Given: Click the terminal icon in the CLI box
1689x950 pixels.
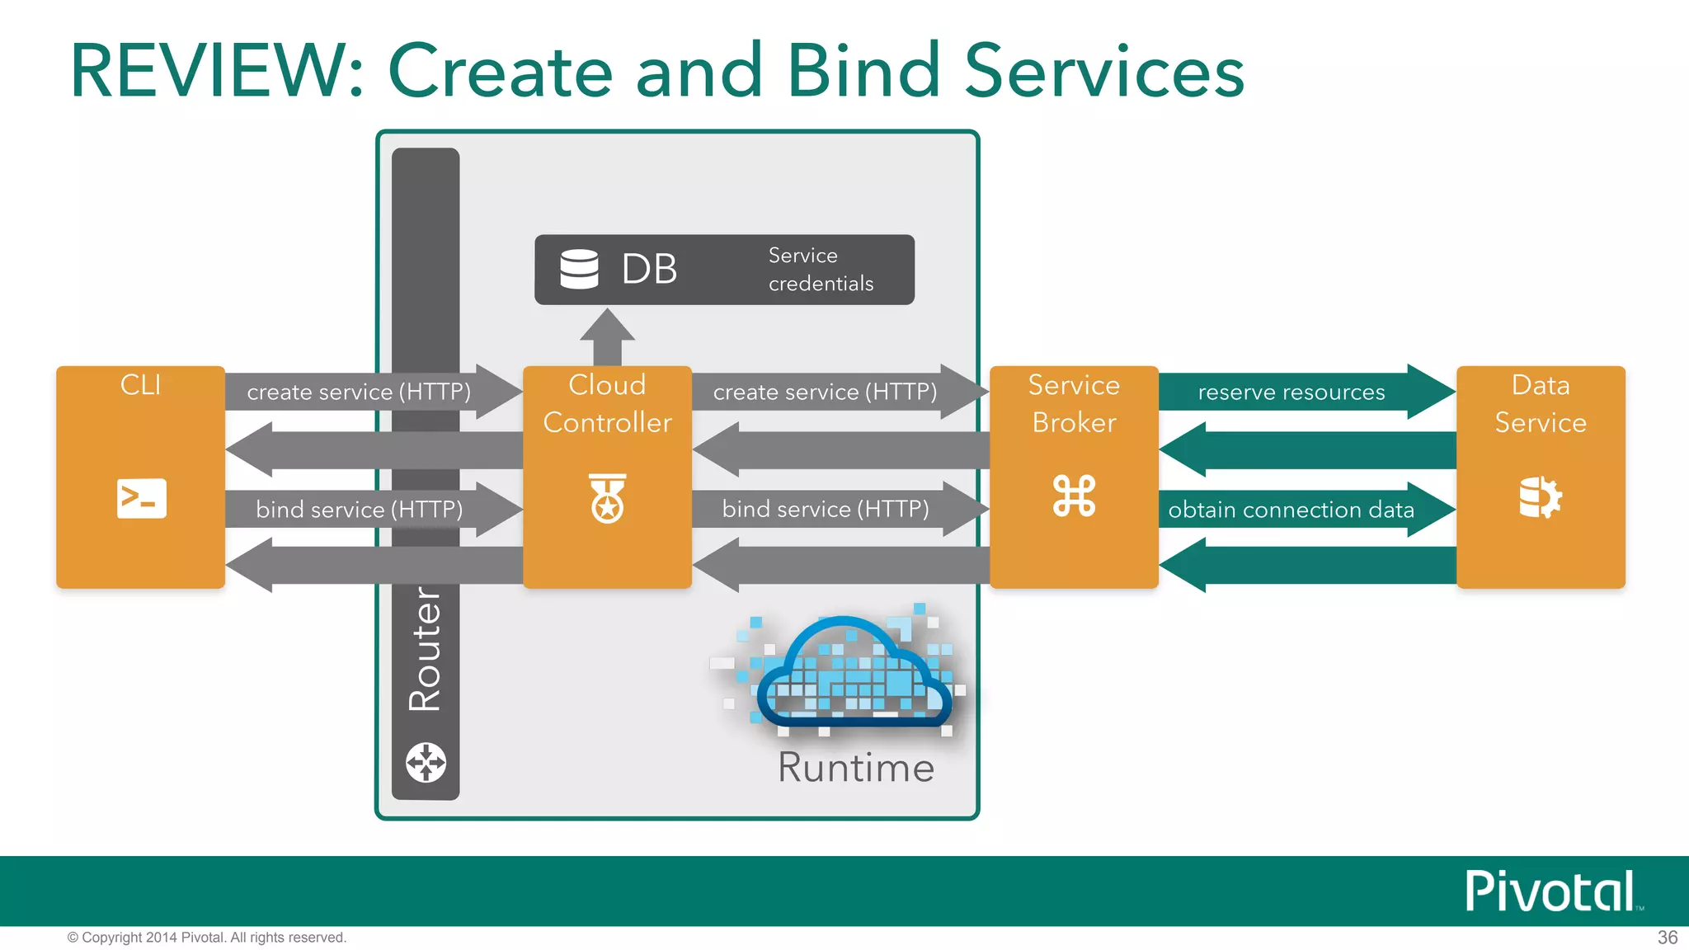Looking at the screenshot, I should [142, 498].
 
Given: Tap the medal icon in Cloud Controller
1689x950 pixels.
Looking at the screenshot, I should [608, 498].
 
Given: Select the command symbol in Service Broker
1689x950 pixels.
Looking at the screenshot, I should [1074, 496].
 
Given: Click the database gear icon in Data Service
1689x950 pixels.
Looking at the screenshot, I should [1540, 497].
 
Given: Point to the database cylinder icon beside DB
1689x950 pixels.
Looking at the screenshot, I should [579, 269].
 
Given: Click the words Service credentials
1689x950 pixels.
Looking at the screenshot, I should [820, 270].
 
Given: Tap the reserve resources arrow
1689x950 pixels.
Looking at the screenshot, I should [1291, 393].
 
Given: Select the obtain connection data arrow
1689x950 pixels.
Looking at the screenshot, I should [1291, 510].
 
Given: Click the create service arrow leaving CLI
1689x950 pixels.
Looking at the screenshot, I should [360, 392].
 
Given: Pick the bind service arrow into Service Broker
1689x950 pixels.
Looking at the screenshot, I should [826, 509].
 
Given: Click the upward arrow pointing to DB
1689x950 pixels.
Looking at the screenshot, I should [608, 337].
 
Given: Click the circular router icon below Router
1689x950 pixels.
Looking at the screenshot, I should [426, 762].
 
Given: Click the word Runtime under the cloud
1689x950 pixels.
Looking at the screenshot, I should [856, 768].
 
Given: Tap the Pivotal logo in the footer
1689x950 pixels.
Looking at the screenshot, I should [1551, 891].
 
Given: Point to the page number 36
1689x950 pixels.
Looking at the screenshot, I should [1667, 938].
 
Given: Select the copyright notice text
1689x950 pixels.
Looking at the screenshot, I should [207, 938].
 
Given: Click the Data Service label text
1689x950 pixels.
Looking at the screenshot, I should [1540, 404].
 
